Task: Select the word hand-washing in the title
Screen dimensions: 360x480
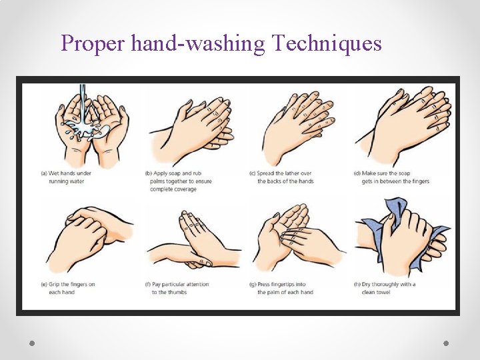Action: [x=198, y=44]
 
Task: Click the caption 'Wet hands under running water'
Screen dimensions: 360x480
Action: [x=66, y=177]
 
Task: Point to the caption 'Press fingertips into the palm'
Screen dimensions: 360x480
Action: [x=281, y=288]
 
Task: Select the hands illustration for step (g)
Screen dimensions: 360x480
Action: [x=293, y=237]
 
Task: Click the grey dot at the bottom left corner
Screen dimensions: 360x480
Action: [x=32, y=343]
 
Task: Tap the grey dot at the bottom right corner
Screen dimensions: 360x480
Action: [x=446, y=343]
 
